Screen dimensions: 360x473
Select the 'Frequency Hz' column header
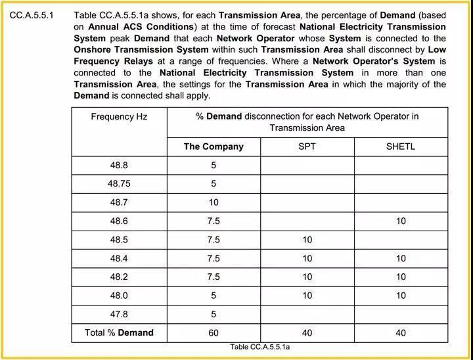(119, 116)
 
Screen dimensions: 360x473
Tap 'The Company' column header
(214, 146)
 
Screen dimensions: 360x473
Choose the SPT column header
(307, 146)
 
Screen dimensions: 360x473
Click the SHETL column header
(400, 146)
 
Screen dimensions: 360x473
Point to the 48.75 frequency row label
(119, 184)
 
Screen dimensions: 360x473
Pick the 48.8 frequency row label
(119, 166)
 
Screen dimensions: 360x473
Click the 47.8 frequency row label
(119, 314)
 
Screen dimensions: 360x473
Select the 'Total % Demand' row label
(119, 333)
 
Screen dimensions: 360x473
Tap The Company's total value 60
(214, 333)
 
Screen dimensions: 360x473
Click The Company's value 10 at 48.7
(214, 202)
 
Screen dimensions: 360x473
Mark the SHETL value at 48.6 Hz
(400, 221)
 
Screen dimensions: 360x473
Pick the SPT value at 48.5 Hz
(307, 240)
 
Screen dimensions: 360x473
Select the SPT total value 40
(307, 333)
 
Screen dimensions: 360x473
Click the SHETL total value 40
(400, 333)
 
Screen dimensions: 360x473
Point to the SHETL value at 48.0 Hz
(400, 296)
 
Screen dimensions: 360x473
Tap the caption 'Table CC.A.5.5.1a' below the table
(260, 347)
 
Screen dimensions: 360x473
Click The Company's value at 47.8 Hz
(214, 314)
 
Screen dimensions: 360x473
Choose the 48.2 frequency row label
(119, 277)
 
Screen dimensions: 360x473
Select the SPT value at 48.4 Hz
(307, 259)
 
